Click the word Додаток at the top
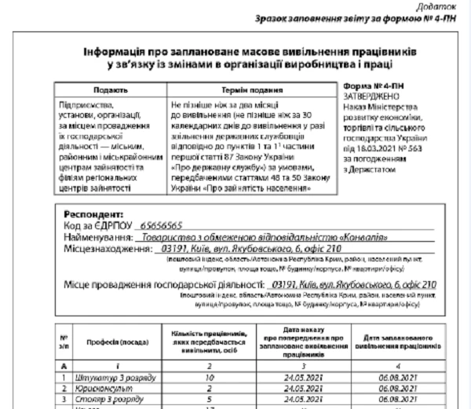point(444,7)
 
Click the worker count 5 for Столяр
point(209,399)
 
